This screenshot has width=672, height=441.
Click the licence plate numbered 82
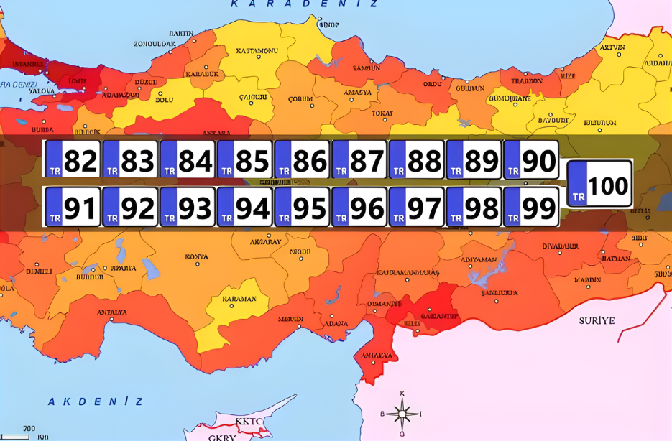73,160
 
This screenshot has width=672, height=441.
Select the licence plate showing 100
600,185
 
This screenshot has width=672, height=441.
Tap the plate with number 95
302,208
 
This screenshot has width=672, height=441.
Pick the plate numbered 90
531,160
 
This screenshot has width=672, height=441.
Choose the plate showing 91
73,208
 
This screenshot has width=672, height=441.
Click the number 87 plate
359,160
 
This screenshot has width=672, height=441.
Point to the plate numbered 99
531,208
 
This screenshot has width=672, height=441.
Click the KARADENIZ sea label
304,4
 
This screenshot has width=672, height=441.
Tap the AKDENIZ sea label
96,401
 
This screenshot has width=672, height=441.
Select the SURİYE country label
597,320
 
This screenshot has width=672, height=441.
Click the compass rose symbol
402,413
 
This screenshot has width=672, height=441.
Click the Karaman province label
239,299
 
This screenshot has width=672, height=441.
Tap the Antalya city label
111,312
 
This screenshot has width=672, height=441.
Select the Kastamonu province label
257,51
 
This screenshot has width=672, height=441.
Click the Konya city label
196,256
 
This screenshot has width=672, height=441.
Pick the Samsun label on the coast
366,68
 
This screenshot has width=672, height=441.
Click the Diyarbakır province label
561,246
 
